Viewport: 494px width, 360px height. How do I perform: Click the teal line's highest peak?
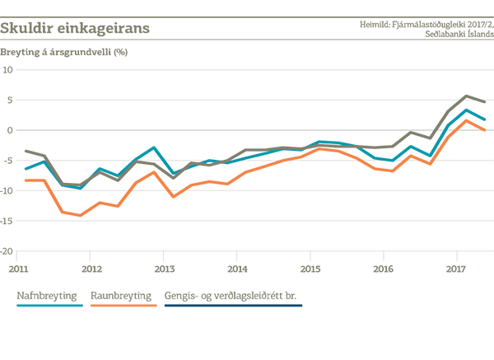tap(468, 110)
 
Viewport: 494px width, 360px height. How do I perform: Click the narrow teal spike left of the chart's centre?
tap(212, 153)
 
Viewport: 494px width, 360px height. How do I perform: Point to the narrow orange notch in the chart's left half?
tap(173, 199)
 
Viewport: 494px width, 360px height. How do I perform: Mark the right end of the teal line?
tap(491, 117)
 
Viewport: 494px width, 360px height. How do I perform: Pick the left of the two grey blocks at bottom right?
tap(380, 283)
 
